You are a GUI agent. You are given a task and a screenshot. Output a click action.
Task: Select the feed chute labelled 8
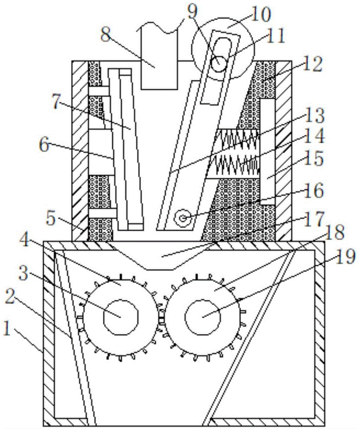pyautogui.click(x=159, y=64)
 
